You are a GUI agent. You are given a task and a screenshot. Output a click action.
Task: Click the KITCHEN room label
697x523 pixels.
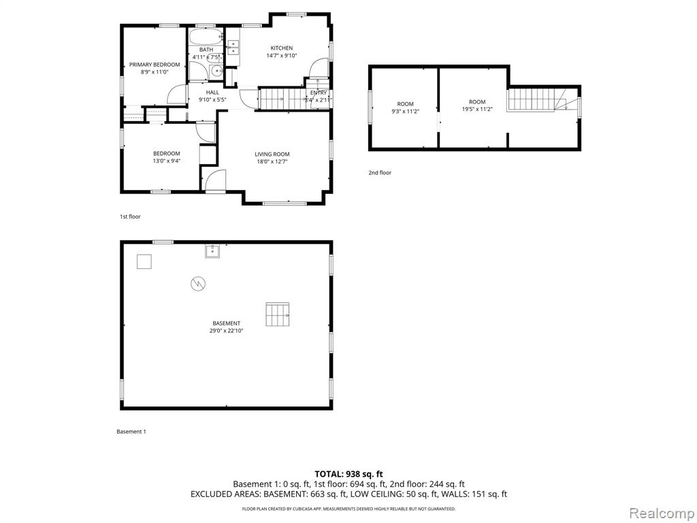(x=282, y=48)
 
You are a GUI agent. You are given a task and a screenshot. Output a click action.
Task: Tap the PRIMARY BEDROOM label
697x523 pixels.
(x=155, y=65)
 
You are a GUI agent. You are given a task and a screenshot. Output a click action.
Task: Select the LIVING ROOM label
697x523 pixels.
(x=272, y=155)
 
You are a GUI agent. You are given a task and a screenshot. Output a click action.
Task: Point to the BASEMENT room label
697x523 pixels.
(x=226, y=323)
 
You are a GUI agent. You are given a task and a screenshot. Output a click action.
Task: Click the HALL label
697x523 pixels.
(x=212, y=93)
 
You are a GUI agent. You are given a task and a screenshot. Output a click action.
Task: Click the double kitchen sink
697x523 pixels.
(x=233, y=47)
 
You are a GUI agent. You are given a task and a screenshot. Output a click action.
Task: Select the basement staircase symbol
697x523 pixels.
(x=278, y=314)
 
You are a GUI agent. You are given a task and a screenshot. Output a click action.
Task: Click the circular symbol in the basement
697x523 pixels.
(x=198, y=283)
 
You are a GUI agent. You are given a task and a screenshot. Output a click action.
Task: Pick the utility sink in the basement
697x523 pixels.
(x=213, y=251)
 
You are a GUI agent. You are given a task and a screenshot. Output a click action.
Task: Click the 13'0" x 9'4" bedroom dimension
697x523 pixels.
(x=167, y=161)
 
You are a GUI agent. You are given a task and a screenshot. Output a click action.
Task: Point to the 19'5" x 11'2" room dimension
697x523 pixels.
(x=477, y=109)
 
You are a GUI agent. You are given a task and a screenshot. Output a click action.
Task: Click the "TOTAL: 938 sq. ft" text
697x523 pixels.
(x=348, y=474)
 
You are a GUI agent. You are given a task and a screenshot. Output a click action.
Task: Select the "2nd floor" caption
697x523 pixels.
(x=380, y=172)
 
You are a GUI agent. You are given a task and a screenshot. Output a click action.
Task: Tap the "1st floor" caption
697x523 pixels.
(x=130, y=217)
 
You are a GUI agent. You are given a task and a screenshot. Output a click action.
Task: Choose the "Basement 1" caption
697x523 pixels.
(x=131, y=431)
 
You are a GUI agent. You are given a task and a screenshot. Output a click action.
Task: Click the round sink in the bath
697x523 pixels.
(x=217, y=71)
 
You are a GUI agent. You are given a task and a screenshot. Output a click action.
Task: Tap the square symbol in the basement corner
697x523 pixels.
(x=144, y=261)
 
